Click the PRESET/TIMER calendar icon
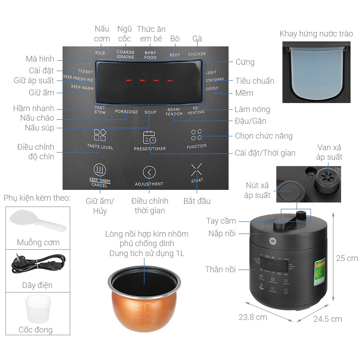click(x=149, y=137)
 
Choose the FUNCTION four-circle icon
click(x=196, y=135)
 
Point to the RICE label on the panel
click(x=100, y=53)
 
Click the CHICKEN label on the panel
click(x=197, y=54)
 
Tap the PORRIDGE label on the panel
click(x=126, y=112)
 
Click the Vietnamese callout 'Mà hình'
click(x=40, y=59)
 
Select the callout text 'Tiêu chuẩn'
click(x=255, y=81)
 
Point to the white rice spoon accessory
click(x=37, y=220)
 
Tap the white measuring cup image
click(x=38, y=308)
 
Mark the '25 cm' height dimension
click(x=347, y=258)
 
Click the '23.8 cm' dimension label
click(x=253, y=317)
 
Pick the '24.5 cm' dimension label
click(x=328, y=319)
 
